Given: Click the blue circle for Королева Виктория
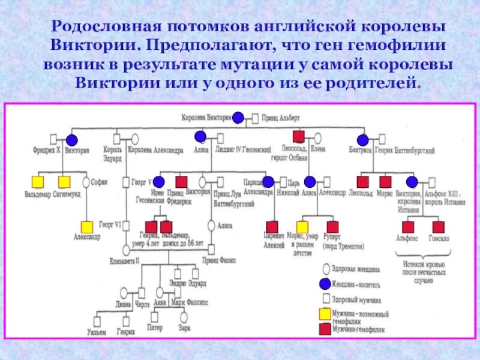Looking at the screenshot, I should point(238,118).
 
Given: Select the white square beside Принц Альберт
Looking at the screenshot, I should point(256,118).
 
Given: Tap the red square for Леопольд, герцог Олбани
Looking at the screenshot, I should point(298,136).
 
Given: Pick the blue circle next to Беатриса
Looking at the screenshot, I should point(360,139).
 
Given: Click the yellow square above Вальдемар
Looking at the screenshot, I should point(38,181).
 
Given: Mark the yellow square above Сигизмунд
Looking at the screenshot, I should point(64,181).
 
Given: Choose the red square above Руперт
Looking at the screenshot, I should point(332,227).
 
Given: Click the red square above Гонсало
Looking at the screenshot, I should point(438,227).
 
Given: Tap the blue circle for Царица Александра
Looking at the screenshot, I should point(268,181).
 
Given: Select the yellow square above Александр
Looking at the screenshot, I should point(87,227).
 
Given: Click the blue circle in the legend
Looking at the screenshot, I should point(325,284).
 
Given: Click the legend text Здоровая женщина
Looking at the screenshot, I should point(355,271).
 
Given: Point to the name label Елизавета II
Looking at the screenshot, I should point(125,261).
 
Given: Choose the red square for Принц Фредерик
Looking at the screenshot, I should point(181,181).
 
